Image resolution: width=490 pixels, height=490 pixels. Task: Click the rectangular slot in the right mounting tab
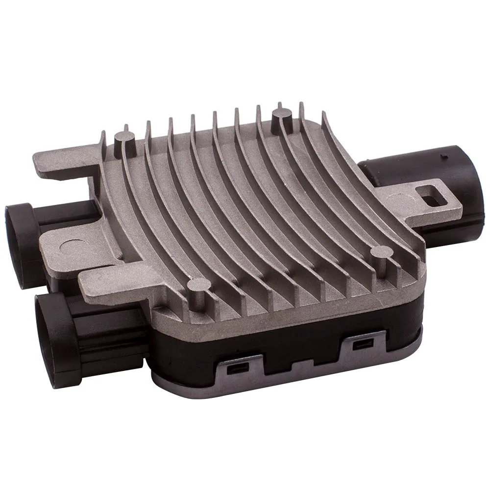pos(434,200)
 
